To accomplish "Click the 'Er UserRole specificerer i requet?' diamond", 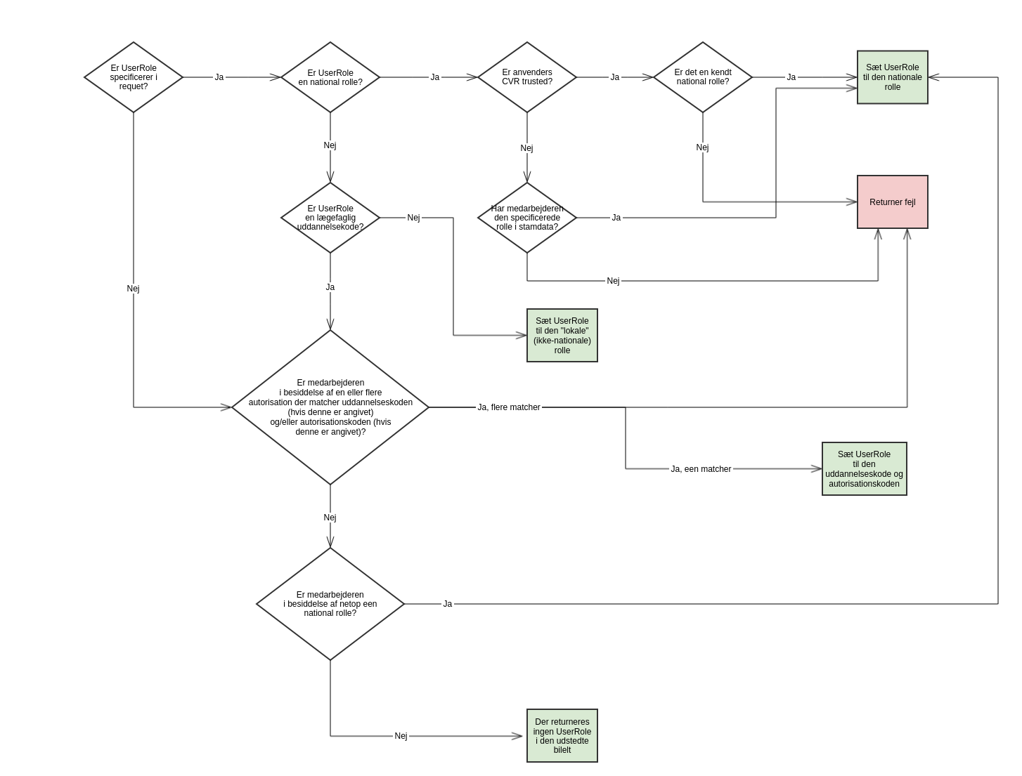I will [134, 77].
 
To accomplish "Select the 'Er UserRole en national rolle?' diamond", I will [330, 77].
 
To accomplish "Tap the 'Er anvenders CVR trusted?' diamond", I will [527, 77].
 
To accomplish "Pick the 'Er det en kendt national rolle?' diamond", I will [703, 77].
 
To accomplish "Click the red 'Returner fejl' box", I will [893, 202].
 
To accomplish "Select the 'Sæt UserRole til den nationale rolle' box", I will [893, 77].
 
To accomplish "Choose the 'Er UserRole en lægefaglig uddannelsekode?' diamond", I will [330, 218].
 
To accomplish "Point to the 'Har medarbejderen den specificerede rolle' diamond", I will [527, 218].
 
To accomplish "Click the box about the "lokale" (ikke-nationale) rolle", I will [562, 336].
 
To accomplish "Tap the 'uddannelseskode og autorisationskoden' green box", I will [865, 469].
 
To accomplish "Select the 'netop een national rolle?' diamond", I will [330, 604].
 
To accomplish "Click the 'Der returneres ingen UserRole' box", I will [562, 736].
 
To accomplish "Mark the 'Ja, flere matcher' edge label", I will [509, 407].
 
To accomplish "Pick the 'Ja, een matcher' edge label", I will [701, 469].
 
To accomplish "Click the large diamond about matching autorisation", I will [330, 407].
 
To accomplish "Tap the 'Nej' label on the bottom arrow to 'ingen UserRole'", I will [401, 736].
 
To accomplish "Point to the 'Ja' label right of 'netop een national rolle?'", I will [448, 604].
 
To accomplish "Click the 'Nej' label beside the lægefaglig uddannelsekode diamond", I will [413, 218].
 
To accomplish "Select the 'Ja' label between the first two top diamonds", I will [219, 77].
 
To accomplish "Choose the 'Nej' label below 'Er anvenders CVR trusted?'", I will [527, 148].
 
